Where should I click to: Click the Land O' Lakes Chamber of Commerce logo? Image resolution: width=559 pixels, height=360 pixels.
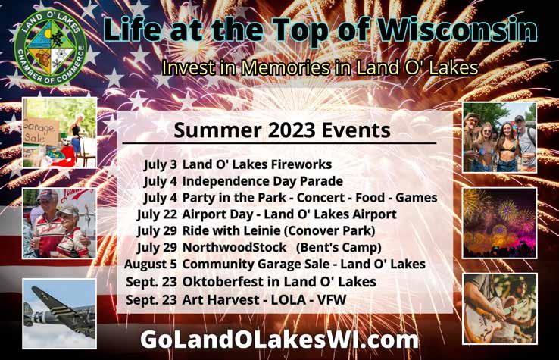51,48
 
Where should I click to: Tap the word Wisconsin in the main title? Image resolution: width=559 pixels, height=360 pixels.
458,30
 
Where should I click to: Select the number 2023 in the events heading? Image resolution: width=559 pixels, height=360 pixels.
292,130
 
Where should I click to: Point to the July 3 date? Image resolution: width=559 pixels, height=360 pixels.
161,164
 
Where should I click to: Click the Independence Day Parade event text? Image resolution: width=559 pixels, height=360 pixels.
262,181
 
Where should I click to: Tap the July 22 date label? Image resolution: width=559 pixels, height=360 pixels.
158,214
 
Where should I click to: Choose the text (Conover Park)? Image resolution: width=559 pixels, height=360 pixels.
329,231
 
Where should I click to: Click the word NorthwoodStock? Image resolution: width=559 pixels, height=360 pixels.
234,247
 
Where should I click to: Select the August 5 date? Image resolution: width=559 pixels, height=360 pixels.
151,265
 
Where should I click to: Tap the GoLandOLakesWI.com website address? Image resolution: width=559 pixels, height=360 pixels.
279,340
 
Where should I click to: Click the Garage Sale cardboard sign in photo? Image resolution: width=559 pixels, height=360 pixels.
39,130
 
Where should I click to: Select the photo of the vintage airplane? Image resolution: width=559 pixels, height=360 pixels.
60,314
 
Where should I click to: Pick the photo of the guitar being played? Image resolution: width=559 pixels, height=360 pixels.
500,308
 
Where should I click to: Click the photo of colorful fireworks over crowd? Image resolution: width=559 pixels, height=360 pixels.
499,223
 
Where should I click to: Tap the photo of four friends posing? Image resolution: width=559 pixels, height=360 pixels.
499,137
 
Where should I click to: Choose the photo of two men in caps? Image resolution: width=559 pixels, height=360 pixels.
60,224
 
